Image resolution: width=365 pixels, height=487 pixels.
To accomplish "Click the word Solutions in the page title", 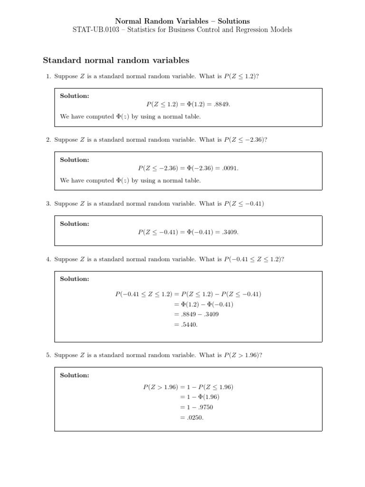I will click(x=233, y=21).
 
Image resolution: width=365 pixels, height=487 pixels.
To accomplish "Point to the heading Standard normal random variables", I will click(x=116, y=60).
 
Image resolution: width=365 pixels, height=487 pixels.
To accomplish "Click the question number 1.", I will click(x=48, y=76).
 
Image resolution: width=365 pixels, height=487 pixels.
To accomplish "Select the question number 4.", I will click(x=48, y=259).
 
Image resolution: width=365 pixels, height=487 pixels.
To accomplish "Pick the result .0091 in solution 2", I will click(x=231, y=168).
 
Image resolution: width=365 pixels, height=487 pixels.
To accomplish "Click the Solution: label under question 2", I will click(x=74, y=160).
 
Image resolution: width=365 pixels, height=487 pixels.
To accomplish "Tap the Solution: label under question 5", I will click(x=74, y=375).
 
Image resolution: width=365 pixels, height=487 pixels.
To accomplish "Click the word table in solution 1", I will click(x=192, y=117).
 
